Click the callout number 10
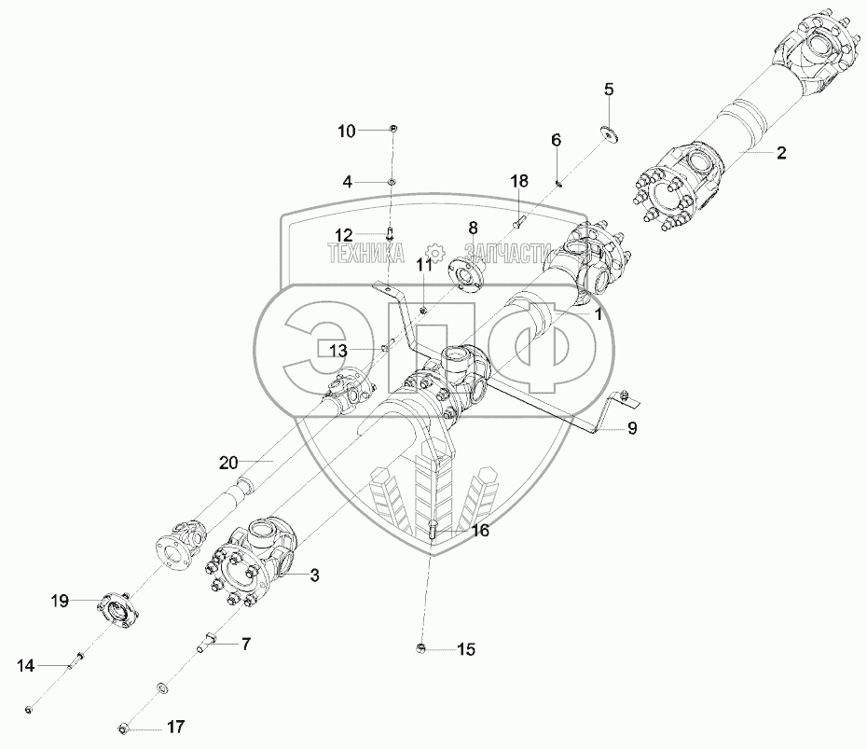click(346, 132)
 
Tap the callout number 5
click(609, 90)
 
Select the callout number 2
click(781, 154)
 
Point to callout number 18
click(518, 180)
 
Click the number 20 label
click(229, 461)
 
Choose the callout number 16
click(480, 531)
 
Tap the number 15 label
click(464, 649)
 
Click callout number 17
click(174, 726)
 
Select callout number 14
click(26, 666)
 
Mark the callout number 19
click(60, 603)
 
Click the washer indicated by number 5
click(611, 134)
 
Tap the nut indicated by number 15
click(420, 647)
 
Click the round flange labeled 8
click(463, 270)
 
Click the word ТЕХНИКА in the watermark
click(365, 251)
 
